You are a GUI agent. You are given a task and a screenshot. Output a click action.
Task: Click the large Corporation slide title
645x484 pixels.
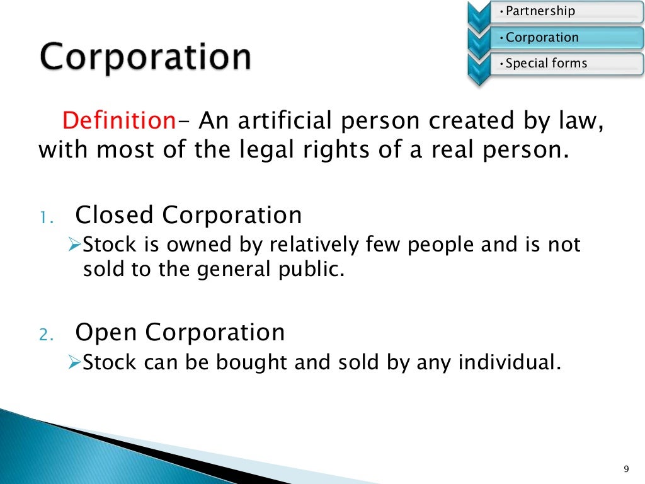coord(146,57)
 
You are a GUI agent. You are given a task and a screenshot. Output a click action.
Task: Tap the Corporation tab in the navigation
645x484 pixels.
coord(542,37)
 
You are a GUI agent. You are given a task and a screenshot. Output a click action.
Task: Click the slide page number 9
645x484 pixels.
coord(625,468)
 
